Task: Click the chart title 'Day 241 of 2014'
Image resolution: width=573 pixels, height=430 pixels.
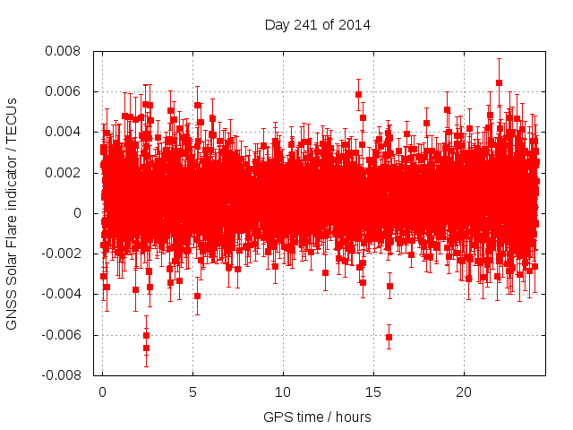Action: [318, 23]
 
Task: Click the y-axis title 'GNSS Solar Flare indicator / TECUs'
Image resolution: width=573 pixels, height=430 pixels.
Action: [12, 212]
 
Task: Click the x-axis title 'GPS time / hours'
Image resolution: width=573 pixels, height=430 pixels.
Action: [317, 417]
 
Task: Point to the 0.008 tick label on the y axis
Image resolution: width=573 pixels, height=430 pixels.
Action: [64, 51]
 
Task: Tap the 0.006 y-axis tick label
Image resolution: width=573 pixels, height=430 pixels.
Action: [64, 91]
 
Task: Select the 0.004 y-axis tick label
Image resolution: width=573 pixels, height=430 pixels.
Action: [64, 132]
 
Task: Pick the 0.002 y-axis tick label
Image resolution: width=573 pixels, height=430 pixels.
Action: [64, 172]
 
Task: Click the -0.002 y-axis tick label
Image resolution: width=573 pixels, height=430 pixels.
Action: [63, 254]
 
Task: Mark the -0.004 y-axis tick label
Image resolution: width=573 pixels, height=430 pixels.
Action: [63, 294]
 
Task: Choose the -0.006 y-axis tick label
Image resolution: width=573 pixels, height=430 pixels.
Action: [63, 335]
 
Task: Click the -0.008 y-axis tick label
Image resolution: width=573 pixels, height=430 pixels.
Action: [63, 375]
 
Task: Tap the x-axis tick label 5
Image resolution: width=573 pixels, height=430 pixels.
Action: [192, 392]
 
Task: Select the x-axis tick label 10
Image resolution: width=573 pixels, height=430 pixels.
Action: [283, 392]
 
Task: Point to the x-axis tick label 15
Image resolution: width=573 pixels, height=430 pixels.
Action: [373, 392]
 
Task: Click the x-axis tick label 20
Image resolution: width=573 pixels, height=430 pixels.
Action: [464, 392]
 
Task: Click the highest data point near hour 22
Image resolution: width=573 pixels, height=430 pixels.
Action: [499, 82]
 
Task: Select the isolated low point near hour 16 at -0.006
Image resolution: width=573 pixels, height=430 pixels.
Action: [389, 337]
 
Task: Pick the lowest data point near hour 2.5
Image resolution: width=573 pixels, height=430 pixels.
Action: [146, 348]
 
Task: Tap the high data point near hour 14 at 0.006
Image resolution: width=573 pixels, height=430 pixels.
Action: [358, 94]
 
